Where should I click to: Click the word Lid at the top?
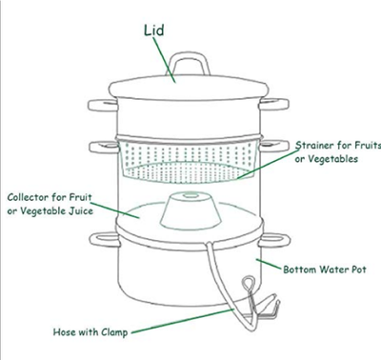[154, 30]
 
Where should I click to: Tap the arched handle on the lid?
[189, 55]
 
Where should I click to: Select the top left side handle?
[102, 106]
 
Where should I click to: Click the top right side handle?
[274, 104]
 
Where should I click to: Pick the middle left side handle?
[103, 147]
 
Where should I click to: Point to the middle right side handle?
[274, 146]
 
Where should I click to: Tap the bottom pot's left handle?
[104, 239]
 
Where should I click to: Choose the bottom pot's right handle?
[274, 240]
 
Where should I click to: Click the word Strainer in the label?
[314, 146]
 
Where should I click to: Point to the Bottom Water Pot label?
[325, 270]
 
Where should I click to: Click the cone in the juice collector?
[190, 210]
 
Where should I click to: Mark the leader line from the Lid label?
[165, 60]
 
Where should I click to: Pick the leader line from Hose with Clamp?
[183, 321]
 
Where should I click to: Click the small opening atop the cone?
[190, 195]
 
